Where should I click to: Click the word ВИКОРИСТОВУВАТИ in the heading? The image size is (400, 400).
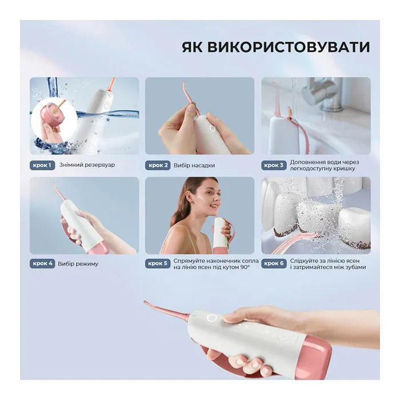coord(291,47)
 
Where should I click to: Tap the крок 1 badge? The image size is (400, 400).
coord(42,165)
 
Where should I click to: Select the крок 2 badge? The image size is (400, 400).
coord(158,165)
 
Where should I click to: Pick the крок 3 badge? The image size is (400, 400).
coord(273,165)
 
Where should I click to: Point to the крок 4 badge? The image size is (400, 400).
coord(42,263)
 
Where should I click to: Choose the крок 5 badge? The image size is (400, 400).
coord(158,263)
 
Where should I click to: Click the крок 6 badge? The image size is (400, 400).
coord(273,263)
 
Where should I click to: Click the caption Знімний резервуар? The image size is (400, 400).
coord(86,165)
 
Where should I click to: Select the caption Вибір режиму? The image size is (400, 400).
coord(78,263)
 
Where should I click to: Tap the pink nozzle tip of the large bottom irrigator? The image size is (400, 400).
coord(150,304)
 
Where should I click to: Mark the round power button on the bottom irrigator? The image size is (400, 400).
coord(211,318)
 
